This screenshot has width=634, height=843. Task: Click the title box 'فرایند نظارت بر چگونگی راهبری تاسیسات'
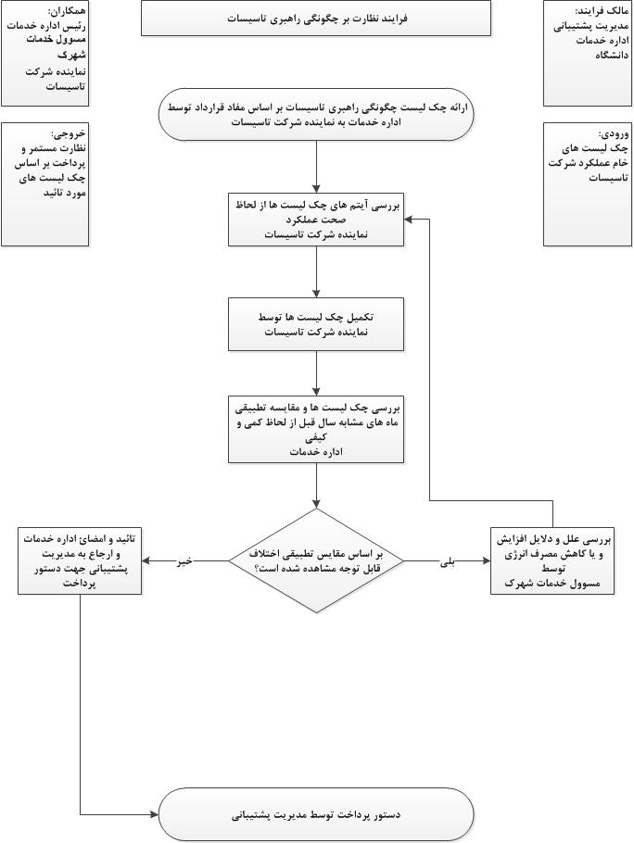point(316,18)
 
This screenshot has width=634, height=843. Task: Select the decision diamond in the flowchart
point(316,560)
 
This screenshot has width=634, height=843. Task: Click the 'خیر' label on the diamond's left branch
point(185,560)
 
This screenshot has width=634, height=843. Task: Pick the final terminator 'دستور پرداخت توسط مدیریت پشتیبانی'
point(316,814)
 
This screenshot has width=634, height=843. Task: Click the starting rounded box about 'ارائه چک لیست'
point(316,114)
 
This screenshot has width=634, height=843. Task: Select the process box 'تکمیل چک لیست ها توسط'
point(316,323)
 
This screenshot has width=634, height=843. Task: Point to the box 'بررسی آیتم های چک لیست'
point(316,220)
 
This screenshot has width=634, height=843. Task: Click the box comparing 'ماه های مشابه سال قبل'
point(316,429)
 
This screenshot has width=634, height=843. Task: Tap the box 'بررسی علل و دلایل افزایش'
point(552,560)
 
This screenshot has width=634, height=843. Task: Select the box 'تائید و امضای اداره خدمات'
point(81,560)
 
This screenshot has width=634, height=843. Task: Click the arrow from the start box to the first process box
point(316,167)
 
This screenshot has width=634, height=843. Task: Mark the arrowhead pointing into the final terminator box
point(154,814)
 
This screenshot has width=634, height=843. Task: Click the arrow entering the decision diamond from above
point(316,485)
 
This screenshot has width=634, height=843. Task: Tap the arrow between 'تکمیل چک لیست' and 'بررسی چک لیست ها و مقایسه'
point(316,373)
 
